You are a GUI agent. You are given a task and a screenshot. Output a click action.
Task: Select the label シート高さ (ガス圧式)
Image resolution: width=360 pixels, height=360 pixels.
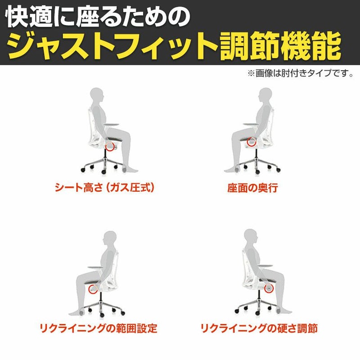tap(104, 188)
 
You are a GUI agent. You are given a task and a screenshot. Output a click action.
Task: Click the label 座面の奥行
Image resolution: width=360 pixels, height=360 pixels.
tap(252, 188)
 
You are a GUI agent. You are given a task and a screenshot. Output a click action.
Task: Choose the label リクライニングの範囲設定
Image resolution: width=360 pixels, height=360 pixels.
tap(98, 328)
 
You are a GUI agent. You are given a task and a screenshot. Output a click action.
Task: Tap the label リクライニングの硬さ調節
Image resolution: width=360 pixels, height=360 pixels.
tap(259, 328)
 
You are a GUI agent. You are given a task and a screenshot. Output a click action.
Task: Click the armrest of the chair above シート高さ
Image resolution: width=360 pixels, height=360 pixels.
tap(112, 125)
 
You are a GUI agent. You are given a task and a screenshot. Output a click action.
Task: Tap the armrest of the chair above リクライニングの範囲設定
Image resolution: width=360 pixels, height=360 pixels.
tap(95, 267)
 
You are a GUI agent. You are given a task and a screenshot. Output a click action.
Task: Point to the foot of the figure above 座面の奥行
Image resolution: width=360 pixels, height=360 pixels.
tap(231, 170)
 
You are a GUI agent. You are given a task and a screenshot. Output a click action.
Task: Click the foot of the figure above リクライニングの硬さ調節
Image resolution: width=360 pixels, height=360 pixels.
tap(285, 311)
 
